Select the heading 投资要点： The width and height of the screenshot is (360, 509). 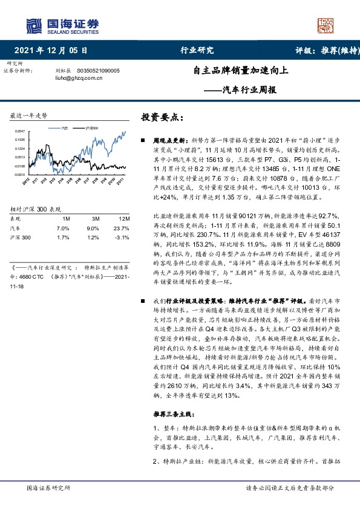tap(162, 117)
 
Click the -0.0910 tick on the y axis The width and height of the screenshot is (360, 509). tap(21, 173)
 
